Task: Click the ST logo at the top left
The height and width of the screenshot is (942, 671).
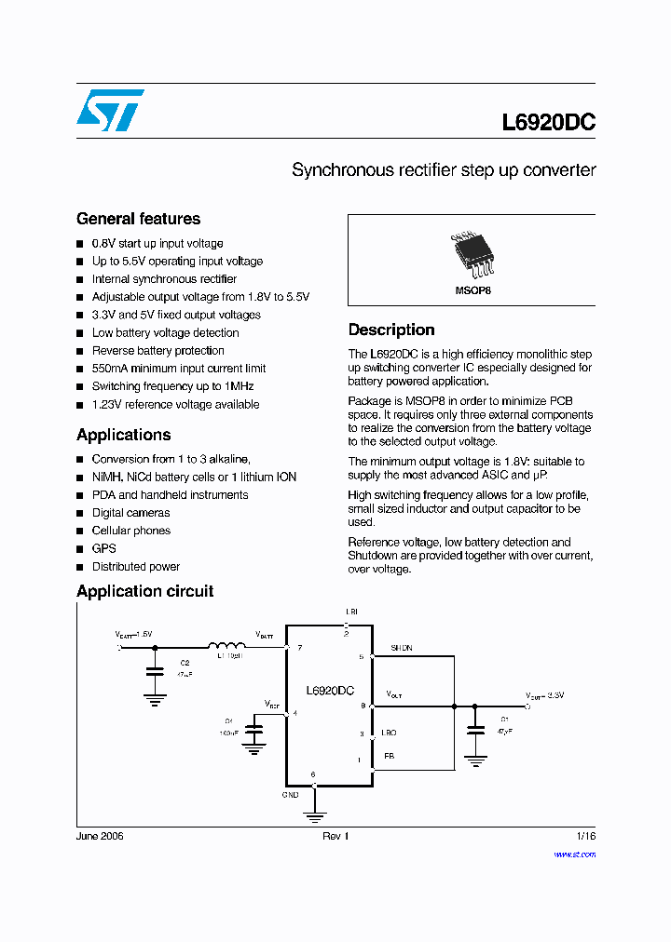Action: tap(110, 110)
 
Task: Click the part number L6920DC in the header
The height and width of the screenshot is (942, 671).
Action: tap(548, 123)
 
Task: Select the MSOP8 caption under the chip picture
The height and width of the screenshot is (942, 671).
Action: tap(472, 291)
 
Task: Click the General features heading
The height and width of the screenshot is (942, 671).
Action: tap(138, 219)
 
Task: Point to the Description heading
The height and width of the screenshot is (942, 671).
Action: tap(391, 330)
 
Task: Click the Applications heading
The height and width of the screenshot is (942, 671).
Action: tap(124, 435)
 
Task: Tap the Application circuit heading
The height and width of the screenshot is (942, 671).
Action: tap(144, 591)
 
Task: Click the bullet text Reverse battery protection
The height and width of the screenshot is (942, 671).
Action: tap(157, 351)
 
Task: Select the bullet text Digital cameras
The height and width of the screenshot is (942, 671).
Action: tap(130, 513)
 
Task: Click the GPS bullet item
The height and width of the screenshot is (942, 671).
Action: tap(103, 549)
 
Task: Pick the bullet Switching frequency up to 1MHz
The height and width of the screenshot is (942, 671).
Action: tap(172, 386)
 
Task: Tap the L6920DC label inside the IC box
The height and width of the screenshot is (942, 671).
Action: tap(330, 691)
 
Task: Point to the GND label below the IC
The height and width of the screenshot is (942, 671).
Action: tap(290, 795)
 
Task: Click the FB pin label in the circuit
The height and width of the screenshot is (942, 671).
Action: tap(389, 757)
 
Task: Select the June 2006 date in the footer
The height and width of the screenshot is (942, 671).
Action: tap(100, 836)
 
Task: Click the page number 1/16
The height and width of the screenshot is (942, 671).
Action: tap(585, 836)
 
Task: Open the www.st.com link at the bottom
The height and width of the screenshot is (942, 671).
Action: tap(574, 854)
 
